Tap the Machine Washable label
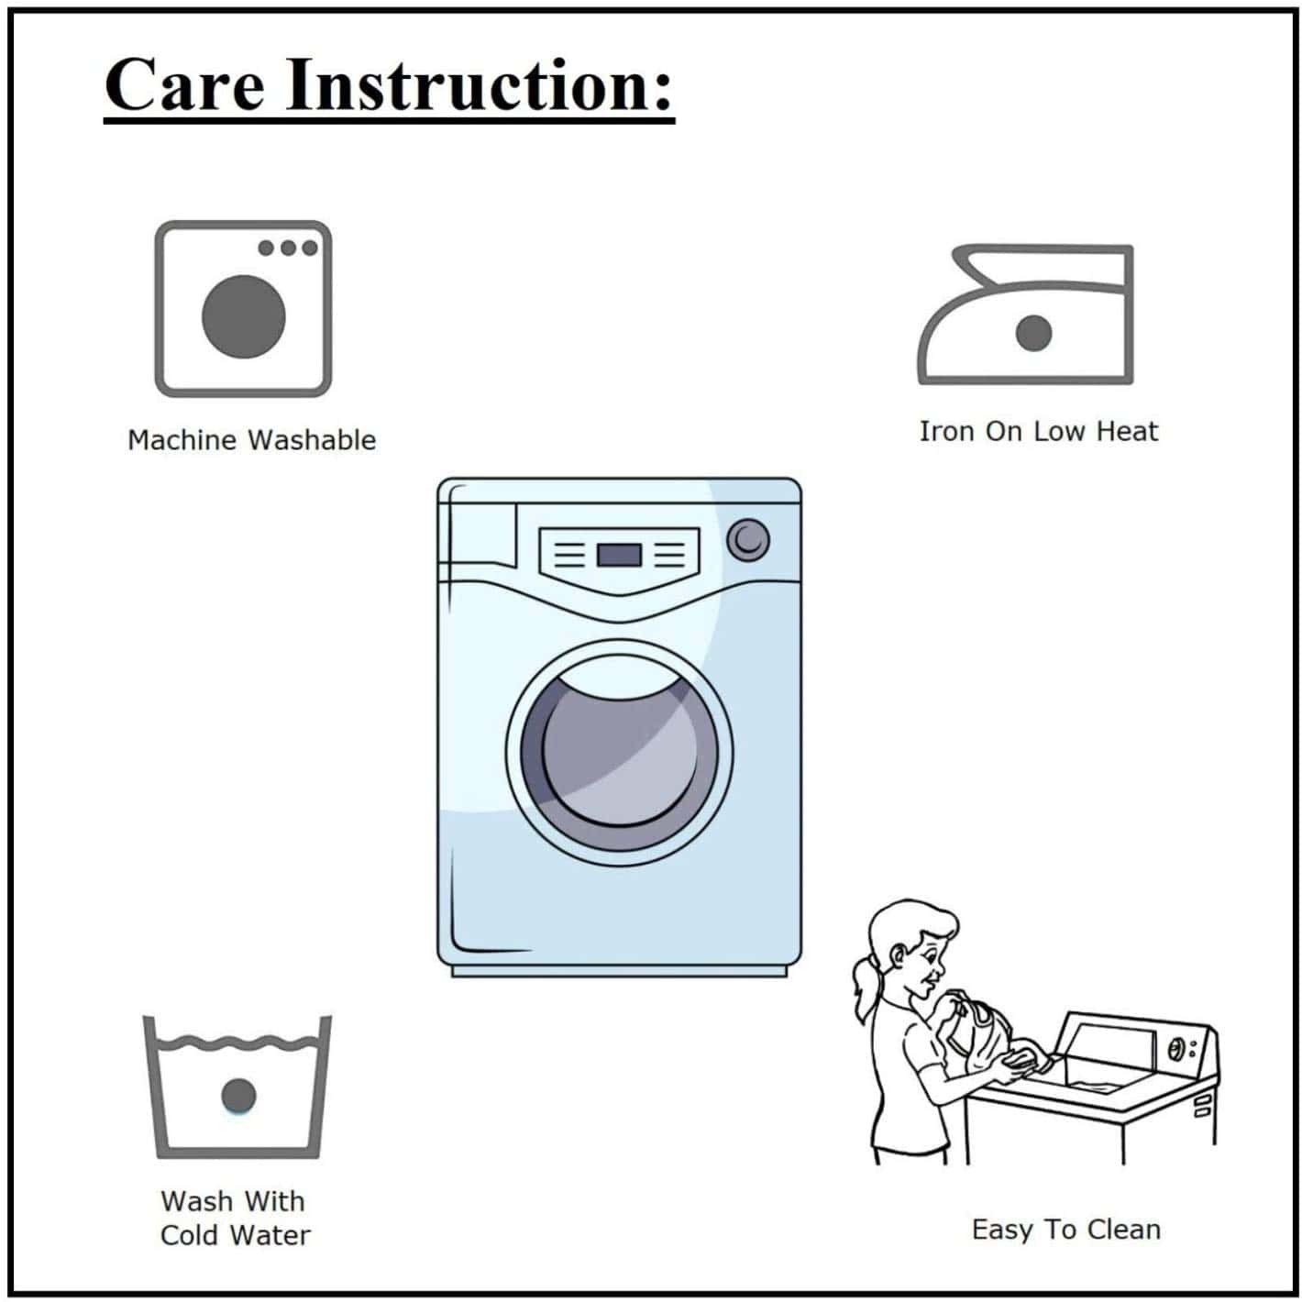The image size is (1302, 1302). click(251, 440)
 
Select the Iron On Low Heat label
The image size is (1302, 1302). click(1038, 431)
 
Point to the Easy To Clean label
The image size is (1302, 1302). click(1065, 1230)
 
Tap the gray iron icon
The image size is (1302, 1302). click(1025, 314)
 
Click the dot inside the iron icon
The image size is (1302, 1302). click(1033, 333)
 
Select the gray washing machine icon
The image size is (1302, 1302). click(243, 309)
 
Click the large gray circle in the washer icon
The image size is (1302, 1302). click(243, 316)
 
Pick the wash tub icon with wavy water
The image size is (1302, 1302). click(237, 1087)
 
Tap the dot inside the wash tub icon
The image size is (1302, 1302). click(237, 1096)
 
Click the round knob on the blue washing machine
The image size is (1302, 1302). click(747, 540)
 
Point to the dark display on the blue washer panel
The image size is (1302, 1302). click(618, 555)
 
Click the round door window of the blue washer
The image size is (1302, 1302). click(619, 754)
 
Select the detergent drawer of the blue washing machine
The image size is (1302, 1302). click(478, 535)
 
